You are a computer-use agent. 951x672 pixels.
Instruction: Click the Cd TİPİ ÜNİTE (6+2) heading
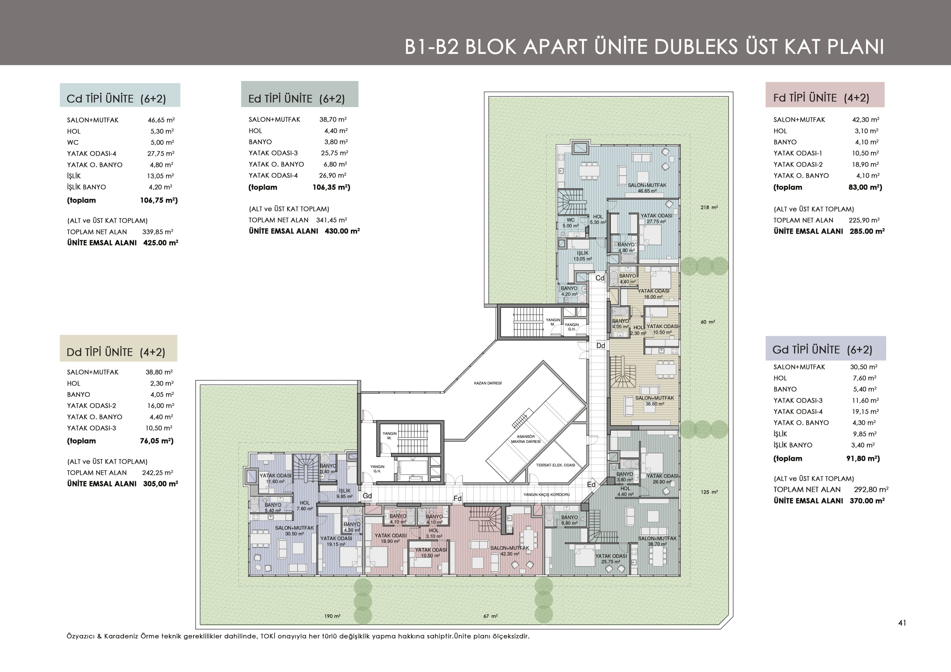(116, 99)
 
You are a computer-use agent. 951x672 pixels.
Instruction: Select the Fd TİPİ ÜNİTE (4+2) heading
(821, 98)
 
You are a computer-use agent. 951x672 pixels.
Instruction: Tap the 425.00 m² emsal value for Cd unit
(161, 243)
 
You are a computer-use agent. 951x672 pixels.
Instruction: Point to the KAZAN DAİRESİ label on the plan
(488, 383)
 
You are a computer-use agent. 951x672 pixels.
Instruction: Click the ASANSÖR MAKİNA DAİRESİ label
(526, 439)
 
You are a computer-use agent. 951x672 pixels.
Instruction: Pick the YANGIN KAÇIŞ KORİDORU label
(546, 494)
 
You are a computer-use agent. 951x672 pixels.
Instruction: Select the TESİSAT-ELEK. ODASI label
(555, 465)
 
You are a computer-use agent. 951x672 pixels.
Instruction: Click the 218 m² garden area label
(709, 207)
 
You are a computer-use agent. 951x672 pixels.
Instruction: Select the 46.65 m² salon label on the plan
(647, 191)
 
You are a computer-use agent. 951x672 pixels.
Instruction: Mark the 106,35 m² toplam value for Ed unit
(331, 187)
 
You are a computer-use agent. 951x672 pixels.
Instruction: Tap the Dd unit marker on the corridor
(601, 346)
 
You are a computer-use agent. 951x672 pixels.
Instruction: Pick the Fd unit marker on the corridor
(457, 498)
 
